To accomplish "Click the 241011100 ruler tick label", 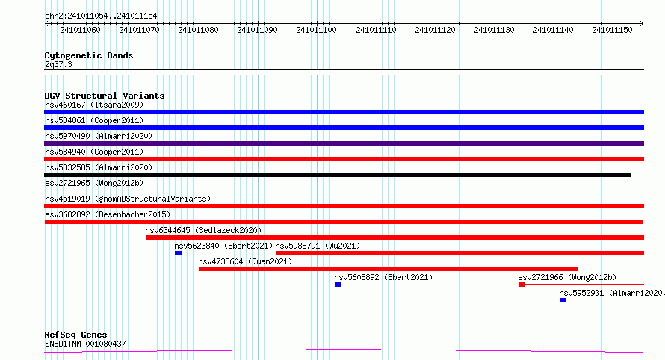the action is point(316,30).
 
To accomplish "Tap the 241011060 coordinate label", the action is point(80,30).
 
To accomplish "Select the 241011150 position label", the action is point(612,30).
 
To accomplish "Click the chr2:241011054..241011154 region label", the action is point(101,16).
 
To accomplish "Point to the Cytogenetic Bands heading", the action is point(89,55).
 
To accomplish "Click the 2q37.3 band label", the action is point(58,64).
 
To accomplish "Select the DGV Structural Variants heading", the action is point(105,96).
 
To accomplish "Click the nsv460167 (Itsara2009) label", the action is point(94,105).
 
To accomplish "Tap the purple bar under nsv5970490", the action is point(344,143).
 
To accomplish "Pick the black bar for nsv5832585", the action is point(338,175).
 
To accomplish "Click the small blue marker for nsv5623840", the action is point(178,253).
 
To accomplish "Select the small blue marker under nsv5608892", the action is point(338,285).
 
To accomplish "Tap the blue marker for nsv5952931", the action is point(563,300).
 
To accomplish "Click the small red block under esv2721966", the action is point(522,285).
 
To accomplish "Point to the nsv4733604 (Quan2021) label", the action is point(245,261).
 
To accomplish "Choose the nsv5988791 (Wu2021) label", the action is point(318,246).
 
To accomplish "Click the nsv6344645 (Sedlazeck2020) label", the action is point(203,230).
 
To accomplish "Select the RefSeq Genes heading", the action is point(75,335).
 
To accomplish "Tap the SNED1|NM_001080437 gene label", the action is point(85,344).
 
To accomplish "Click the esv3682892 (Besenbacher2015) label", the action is point(108,214).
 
